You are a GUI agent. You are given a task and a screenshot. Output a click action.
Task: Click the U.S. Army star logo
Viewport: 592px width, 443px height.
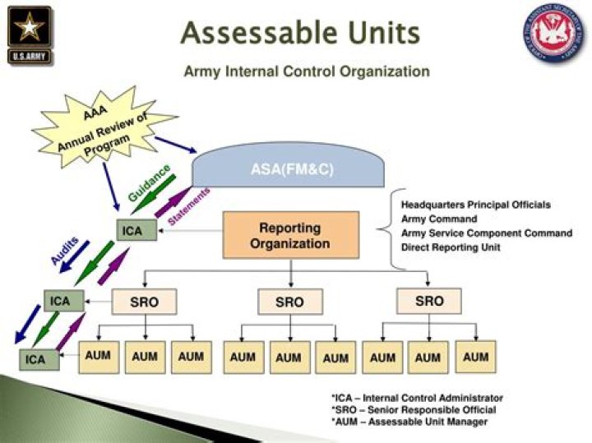(29, 35)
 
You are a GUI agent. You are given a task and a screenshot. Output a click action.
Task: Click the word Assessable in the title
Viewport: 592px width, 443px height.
(250, 34)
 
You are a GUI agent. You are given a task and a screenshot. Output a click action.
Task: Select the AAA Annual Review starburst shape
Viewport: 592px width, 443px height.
(104, 128)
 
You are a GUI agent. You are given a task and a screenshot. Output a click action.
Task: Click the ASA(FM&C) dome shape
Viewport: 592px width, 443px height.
(287, 169)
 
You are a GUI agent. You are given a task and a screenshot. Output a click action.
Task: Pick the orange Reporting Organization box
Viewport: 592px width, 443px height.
(290, 235)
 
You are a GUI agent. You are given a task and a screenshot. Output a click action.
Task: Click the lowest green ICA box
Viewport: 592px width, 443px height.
(37, 359)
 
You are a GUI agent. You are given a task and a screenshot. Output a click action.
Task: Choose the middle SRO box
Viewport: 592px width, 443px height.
(289, 302)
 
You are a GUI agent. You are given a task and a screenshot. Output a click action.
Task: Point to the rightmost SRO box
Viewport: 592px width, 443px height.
(429, 301)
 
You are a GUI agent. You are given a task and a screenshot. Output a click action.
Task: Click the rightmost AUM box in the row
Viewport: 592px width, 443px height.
(475, 357)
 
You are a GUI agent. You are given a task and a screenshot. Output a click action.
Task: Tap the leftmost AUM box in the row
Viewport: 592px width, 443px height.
(98, 357)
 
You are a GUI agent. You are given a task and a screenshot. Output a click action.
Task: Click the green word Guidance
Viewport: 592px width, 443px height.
(150, 182)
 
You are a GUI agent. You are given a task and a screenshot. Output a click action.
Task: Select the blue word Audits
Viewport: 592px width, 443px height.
(64, 249)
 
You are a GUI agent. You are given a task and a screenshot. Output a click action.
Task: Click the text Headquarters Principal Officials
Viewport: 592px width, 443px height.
(475, 204)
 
